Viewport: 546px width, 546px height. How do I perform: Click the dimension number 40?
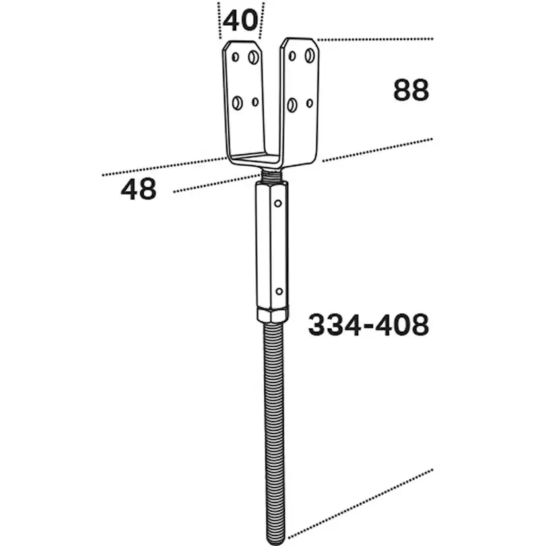point(240,20)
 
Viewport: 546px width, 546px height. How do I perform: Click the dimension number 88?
point(411,90)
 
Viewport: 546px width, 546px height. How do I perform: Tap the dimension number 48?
point(138,189)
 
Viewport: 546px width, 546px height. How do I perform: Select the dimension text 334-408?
point(369,324)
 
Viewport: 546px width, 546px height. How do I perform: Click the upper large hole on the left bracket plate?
point(253,57)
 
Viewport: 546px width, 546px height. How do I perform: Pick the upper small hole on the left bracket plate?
point(235,57)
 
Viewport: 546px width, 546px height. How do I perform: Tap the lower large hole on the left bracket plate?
point(237,103)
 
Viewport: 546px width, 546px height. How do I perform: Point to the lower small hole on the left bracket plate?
point(255,102)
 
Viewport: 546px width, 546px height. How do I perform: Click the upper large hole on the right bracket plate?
point(309,55)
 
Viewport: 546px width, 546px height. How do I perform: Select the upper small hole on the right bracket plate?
point(292,55)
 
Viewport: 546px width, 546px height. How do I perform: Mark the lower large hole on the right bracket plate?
point(292,105)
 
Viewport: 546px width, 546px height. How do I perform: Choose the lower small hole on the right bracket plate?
point(309,103)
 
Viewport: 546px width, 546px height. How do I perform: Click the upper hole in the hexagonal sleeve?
point(278,203)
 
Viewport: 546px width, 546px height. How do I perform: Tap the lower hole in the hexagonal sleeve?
point(280,291)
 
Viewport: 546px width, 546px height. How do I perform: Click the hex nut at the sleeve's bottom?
point(273,314)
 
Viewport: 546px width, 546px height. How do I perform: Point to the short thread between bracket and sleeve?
point(271,175)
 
